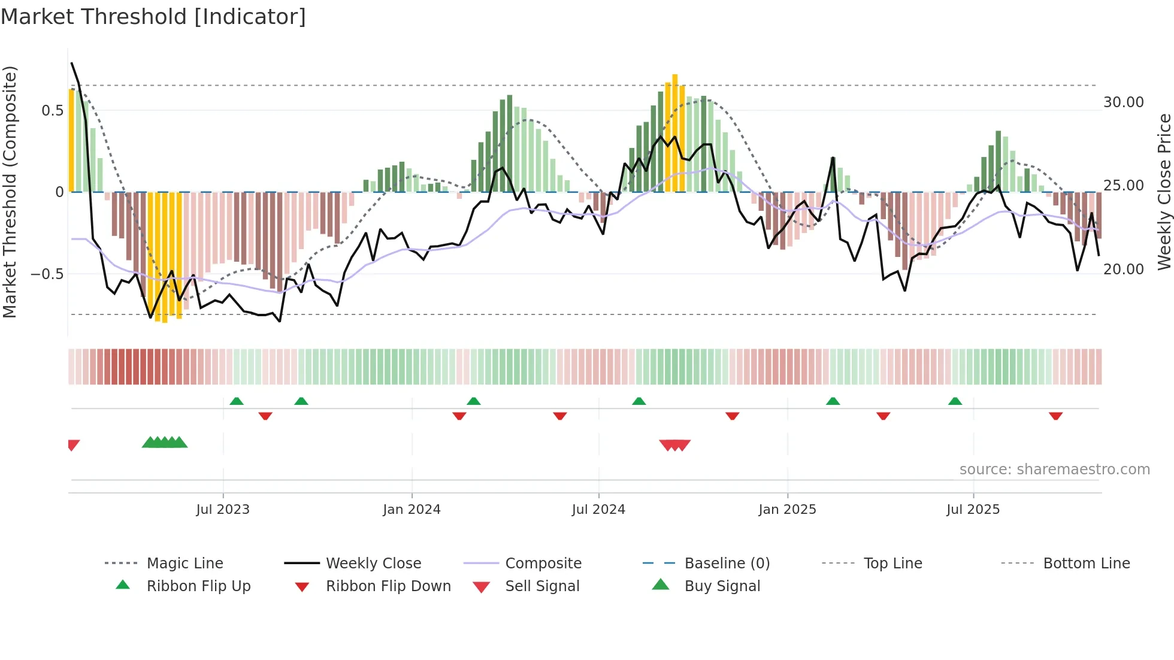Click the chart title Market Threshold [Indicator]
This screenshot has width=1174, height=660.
click(x=153, y=17)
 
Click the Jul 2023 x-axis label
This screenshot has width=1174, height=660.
click(x=223, y=510)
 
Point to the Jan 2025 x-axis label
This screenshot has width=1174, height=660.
click(x=787, y=510)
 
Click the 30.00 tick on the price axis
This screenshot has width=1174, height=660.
click(x=1123, y=102)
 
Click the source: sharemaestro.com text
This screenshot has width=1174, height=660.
click(x=1054, y=470)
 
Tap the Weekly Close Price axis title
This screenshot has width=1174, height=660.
click(x=1164, y=192)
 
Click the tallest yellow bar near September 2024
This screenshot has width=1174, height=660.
click(x=675, y=132)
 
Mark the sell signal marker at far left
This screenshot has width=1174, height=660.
click(x=73, y=445)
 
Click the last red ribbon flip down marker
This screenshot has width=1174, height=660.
click(x=1055, y=416)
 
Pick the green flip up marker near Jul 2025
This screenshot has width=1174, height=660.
click(x=955, y=401)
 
